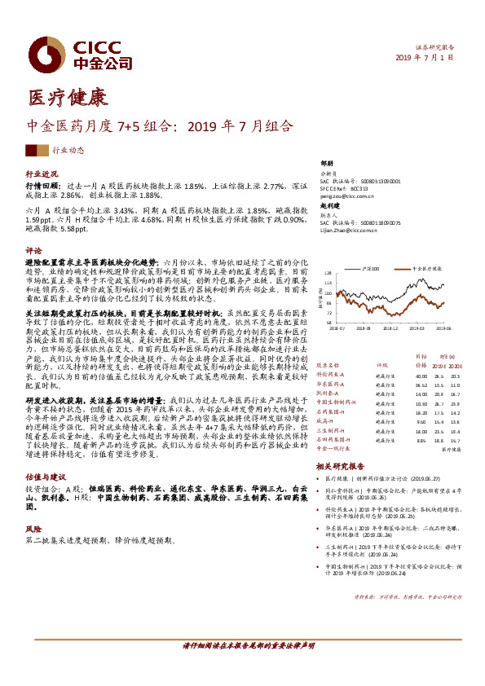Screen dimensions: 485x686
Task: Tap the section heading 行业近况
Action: [x=42, y=175]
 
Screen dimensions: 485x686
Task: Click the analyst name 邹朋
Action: [x=327, y=163]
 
